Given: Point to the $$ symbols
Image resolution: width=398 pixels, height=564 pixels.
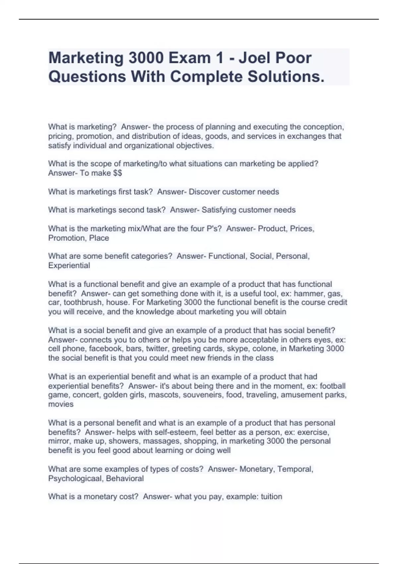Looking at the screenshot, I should click(117, 173).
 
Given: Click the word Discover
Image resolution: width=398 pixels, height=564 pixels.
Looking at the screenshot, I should click(204, 192).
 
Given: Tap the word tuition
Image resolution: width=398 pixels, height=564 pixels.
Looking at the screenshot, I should click(271, 497).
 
